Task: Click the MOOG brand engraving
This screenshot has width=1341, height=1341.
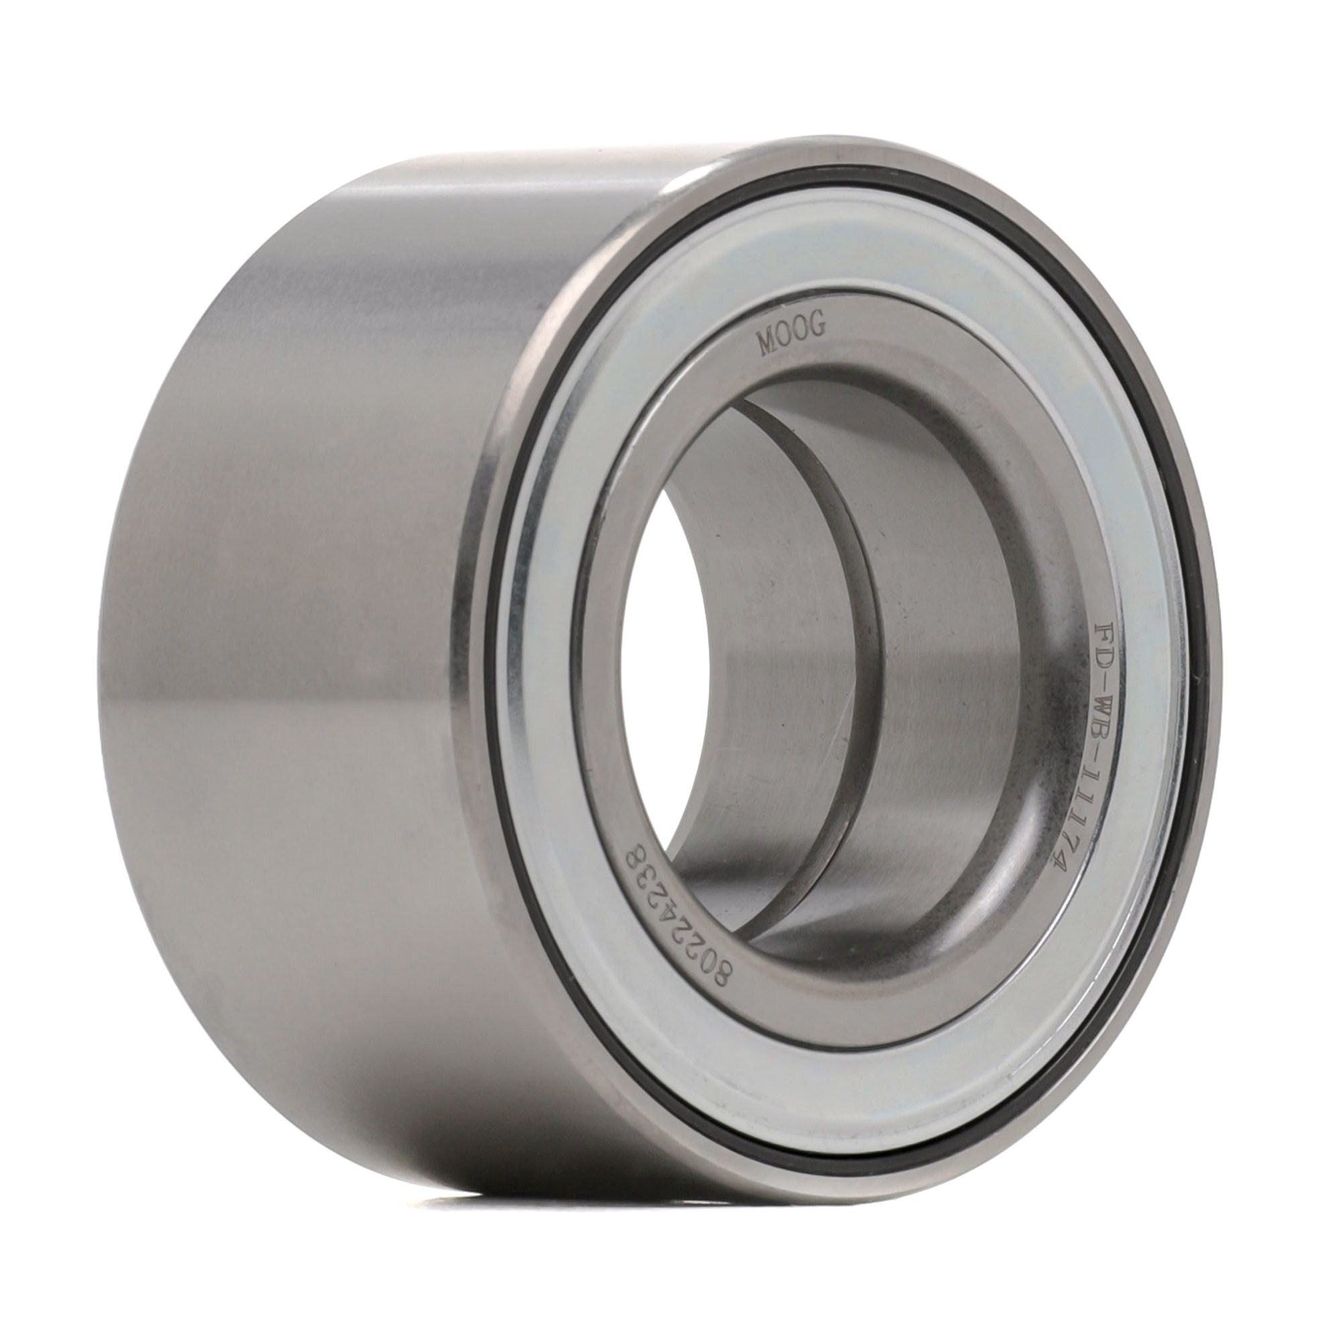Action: point(792,337)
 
